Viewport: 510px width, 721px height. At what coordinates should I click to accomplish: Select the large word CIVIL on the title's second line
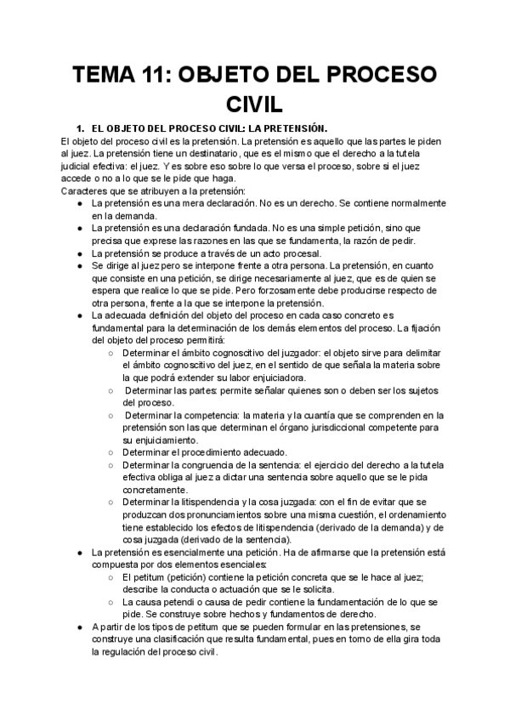coord(255,105)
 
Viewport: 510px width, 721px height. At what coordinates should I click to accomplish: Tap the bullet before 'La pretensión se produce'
coord(78,253)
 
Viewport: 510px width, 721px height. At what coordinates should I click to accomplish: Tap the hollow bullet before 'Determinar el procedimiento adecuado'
coord(111,452)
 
